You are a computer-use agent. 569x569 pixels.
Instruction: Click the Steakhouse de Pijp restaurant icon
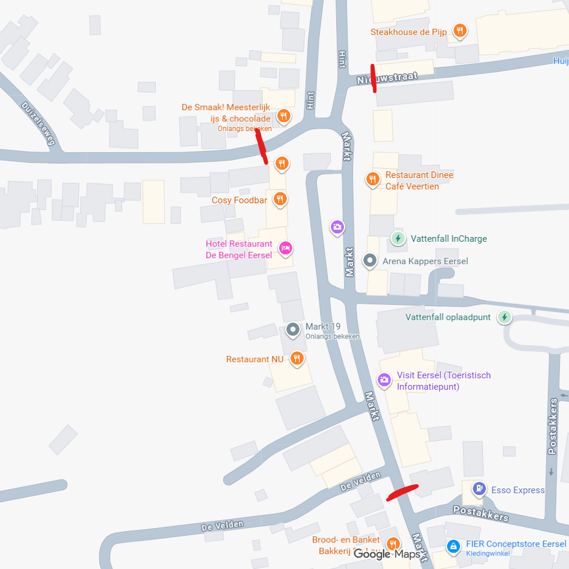(460, 31)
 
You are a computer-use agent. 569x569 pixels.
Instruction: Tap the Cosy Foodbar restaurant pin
(280, 199)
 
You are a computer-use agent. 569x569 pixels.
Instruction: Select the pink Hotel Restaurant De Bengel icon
(286, 247)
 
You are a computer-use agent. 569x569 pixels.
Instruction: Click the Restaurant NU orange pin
(296, 359)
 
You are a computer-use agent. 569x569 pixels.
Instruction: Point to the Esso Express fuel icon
(479, 488)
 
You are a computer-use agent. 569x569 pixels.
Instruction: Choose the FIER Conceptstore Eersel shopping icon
(453, 546)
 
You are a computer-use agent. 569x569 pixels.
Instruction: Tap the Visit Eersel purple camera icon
(384, 380)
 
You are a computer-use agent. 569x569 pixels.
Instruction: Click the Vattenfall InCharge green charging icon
(398, 238)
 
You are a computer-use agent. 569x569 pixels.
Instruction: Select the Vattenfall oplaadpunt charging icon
(504, 316)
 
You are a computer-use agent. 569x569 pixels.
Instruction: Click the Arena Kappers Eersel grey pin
(370, 261)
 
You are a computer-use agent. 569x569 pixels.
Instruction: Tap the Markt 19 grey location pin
(293, 329)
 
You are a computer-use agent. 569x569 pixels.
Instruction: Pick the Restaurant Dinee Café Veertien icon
(372, 179)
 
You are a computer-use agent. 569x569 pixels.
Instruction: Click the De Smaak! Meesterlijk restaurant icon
(284, 115)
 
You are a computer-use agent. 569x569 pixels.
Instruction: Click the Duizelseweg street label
(38, 124)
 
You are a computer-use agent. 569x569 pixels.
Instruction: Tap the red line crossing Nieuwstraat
(374, 78)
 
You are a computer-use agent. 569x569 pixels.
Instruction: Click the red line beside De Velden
(402, 492)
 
